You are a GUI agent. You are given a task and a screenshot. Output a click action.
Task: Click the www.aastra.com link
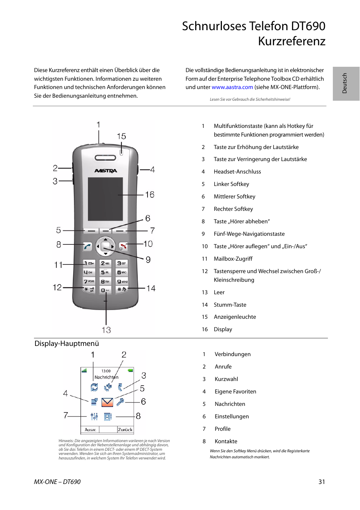click(232, 87)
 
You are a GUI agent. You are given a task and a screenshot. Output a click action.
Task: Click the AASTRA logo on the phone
click(105, 171)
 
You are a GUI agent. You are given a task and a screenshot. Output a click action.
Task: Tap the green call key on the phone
click(88, 247)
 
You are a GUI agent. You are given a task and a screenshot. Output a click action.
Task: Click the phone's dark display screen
click(105, 199)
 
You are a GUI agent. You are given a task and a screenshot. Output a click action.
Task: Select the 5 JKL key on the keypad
click(105, 272)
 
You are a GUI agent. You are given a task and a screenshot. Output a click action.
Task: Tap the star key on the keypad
click(89, 289)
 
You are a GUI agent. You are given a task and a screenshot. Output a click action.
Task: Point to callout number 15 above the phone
click(121, 136)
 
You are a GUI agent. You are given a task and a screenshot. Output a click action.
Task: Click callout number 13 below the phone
click(106, 330)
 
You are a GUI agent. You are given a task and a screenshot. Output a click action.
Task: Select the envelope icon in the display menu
click(107, 402)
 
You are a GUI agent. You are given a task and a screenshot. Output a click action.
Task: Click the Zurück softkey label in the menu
click(125, 430)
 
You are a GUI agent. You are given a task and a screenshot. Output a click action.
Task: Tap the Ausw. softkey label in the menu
click(91, 430)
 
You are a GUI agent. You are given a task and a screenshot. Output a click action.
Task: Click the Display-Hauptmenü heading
click(67, 344)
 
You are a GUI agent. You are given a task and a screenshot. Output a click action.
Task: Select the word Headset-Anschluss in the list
click(237, 172)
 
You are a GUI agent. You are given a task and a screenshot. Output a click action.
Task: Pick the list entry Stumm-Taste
click(230, 305)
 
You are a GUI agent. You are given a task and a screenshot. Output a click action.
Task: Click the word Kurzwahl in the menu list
click(226, 379)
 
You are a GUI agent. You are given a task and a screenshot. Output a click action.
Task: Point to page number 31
click(322, 482)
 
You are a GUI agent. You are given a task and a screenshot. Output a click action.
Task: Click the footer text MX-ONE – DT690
click(57, 482)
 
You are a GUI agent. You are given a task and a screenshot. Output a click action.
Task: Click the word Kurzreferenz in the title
click(291, 41)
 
